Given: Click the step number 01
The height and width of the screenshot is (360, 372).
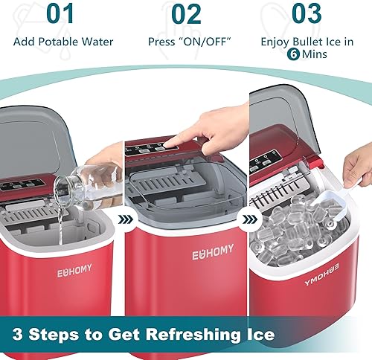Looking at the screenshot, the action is pyautogui.click(x=60, y=13).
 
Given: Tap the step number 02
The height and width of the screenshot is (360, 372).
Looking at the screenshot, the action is pyautogui.click(x=186, y=14).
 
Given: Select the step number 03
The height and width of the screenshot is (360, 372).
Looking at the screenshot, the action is pyautogui.click(x=307, y=13).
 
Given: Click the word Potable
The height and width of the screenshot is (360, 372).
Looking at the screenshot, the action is pyautogui.click(x=60, y=42).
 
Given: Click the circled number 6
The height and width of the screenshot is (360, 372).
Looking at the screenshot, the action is pyautogui.click(x=293, y=54).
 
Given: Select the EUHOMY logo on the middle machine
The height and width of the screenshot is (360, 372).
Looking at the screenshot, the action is pyautogui.click(x=213, y=252).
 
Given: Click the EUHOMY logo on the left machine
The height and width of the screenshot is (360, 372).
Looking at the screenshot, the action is pyautogui.click(x=74, y=271).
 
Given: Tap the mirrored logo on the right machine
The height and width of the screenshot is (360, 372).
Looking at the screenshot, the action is pyautogui.click(x=321, y=274).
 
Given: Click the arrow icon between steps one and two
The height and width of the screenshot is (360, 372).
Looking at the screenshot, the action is pyautogui.click(x=125, y=219).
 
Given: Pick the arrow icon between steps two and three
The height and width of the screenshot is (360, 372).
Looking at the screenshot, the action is pyautogui.click(x=248, y=219).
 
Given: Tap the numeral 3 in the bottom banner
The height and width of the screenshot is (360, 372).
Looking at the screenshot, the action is pyautogui.click(x=17, y=334).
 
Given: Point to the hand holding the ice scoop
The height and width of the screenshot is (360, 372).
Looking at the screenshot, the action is pyautogui.click(x=358, y=169).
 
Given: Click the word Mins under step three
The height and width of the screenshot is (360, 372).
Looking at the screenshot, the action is pyautogui.click(x=314, y=54).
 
